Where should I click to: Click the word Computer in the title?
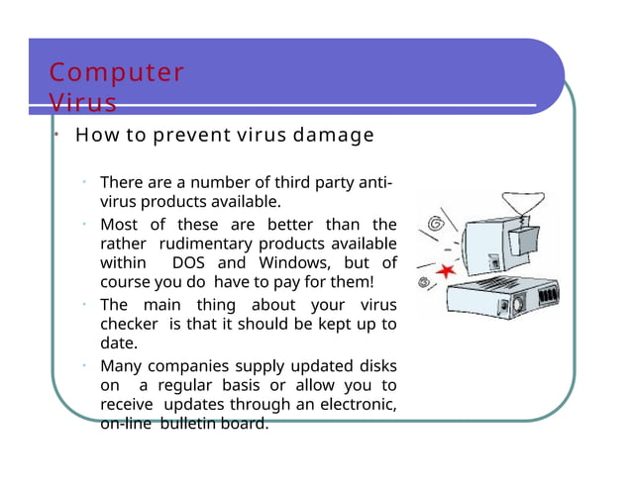click(117, 73)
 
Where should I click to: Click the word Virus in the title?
click(83, 103)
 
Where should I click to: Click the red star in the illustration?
click(445, 269)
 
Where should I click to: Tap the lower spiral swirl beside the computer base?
click(424, 284)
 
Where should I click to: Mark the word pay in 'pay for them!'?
click(287, 283)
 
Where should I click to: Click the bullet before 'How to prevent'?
click(58, 135)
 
